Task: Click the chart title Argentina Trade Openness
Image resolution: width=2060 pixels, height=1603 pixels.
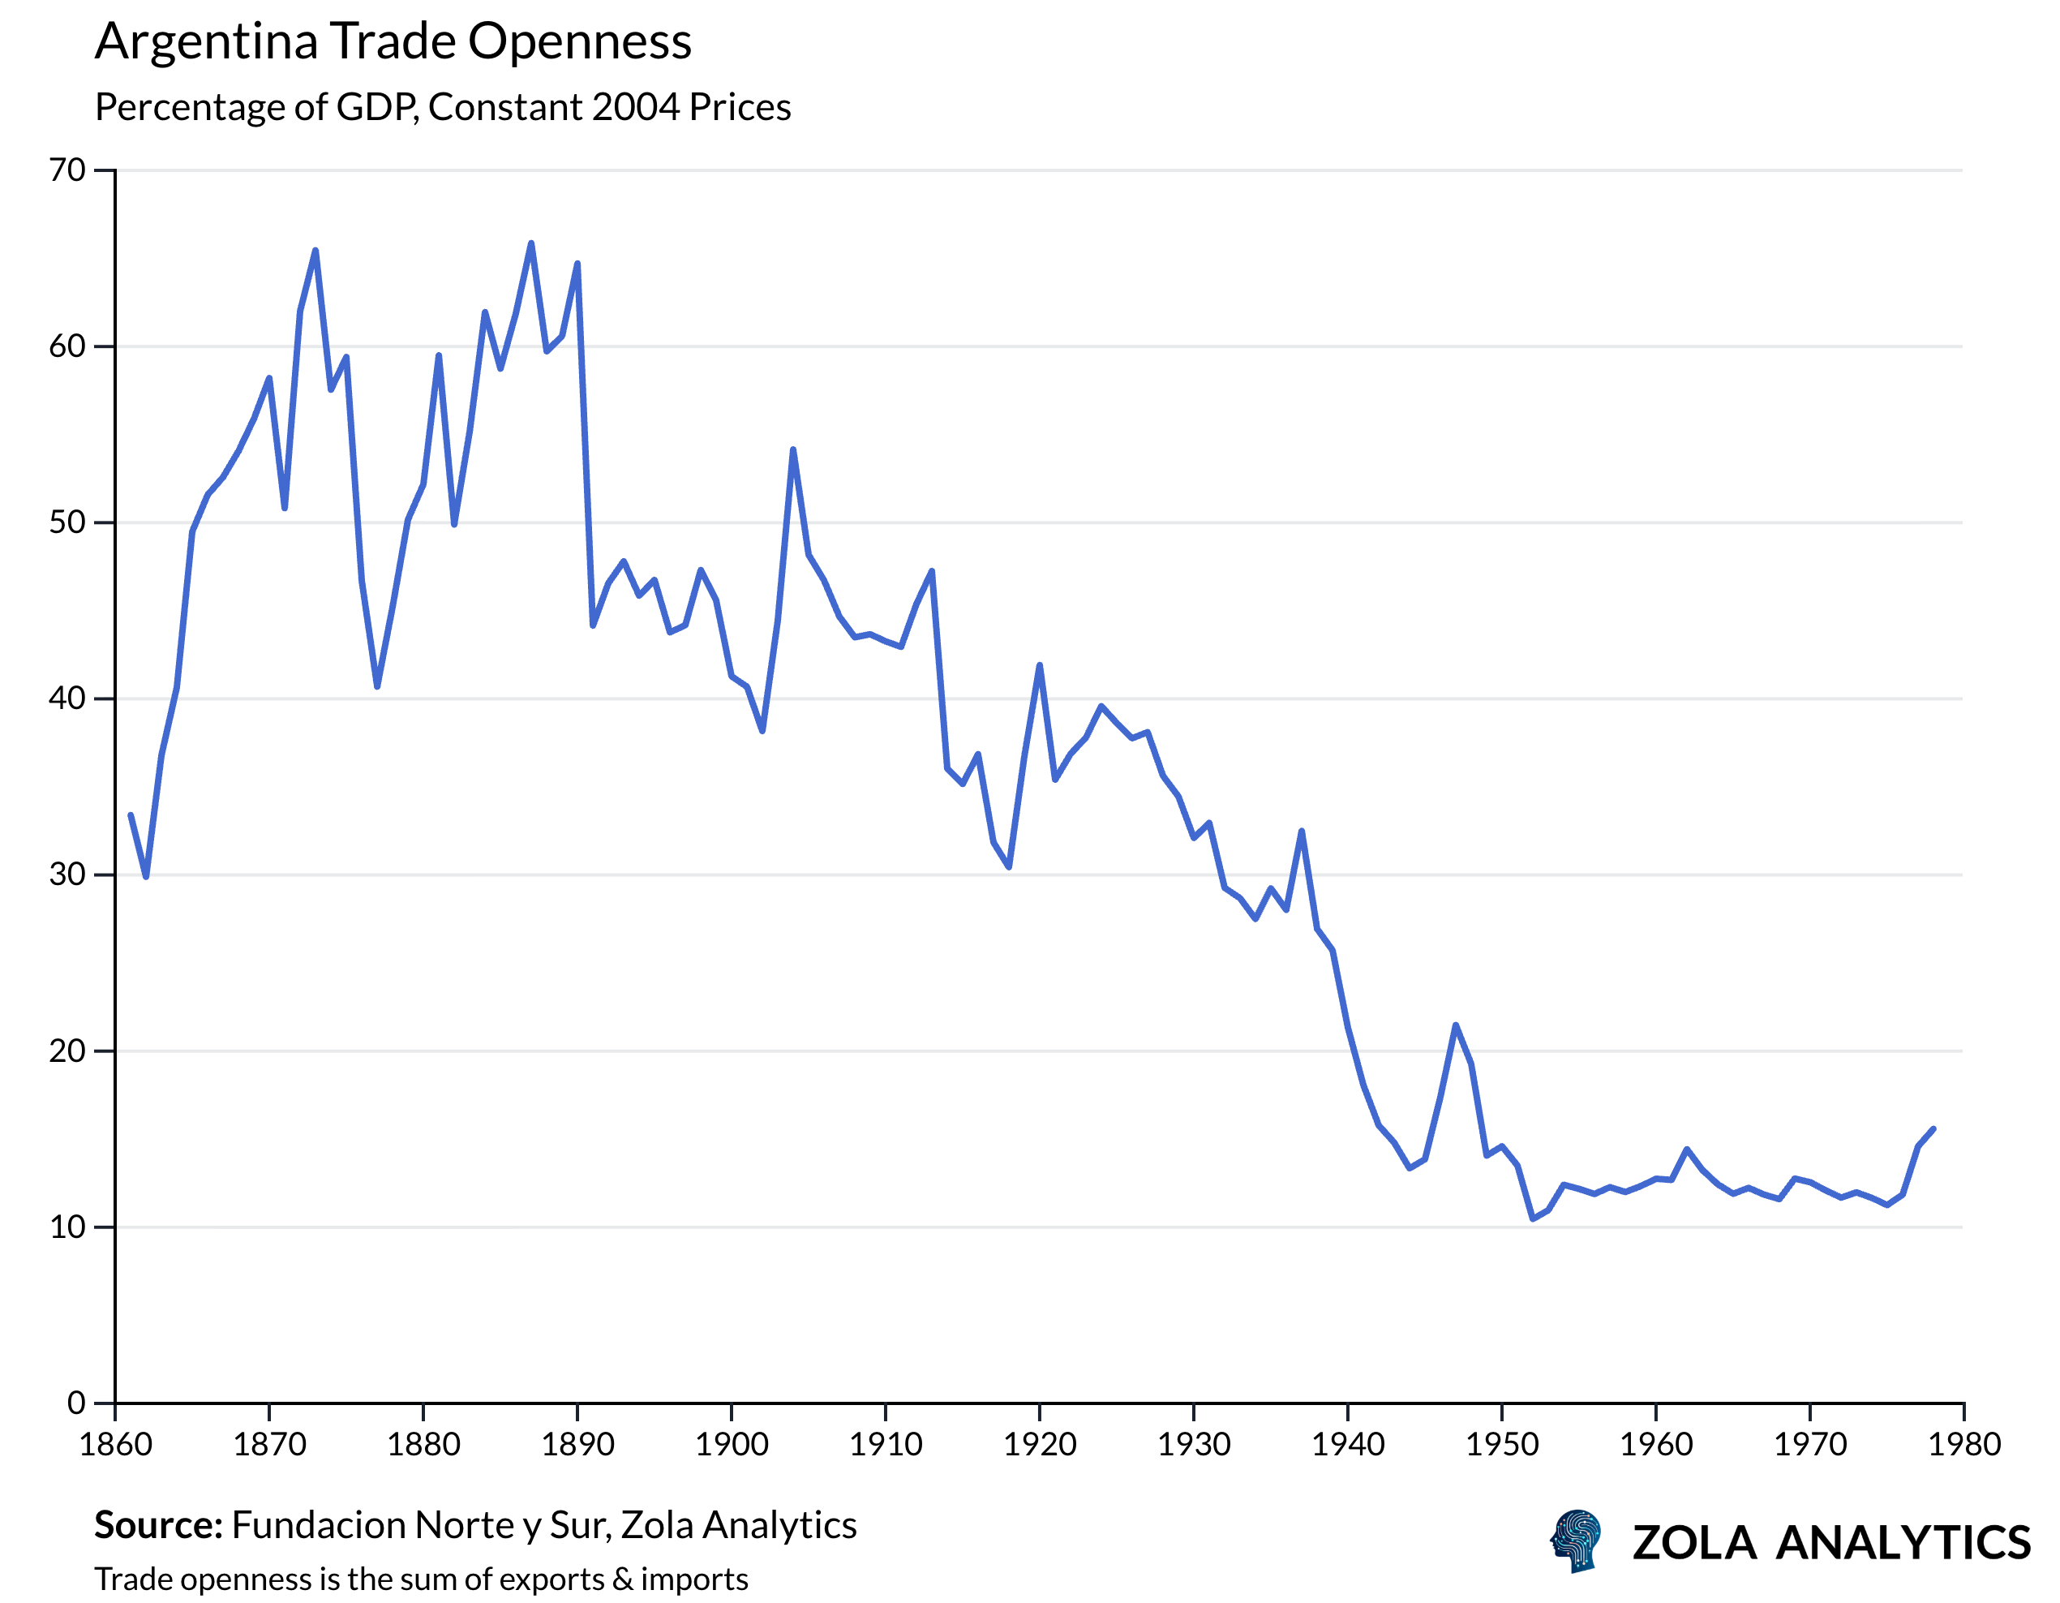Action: click(x=393, y=42)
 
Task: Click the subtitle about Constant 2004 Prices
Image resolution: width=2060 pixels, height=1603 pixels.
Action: click(x=442, y=108)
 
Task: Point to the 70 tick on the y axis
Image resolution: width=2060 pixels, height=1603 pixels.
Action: click(x=67, y=171)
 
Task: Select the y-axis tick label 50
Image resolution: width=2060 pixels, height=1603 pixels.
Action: click(x=67, y=522)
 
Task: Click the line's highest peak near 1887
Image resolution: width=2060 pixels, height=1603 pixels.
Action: click(x=531, y=243)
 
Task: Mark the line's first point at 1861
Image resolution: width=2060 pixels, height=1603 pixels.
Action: click(x=130, y=815)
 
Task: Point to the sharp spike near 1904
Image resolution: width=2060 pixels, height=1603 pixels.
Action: click(x=793, y=450)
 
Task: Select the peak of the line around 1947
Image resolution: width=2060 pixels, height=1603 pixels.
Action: click(x=1456, y=1025)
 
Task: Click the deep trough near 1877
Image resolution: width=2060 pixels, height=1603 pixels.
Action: click(x=377, y=687)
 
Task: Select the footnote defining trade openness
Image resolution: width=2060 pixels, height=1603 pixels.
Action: click(x=421, y=1579)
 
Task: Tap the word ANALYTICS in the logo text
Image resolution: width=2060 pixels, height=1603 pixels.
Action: click(x=1903, y=1544)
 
